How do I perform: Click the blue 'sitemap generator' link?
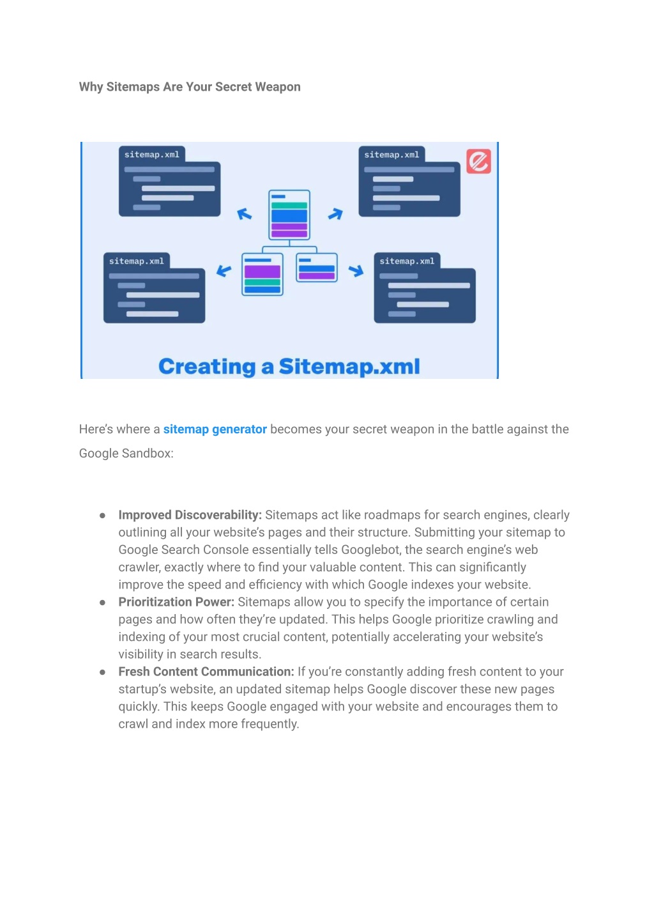click(x=215, y=429)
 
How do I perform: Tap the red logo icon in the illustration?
click(x=478, y=161)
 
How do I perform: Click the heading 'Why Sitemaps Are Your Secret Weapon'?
click(x=190, y=87)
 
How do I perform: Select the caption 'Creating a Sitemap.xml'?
click(x=289, y=367)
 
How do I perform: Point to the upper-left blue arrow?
click(x=244, y=214)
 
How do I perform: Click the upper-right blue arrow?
click(x=335, y=214)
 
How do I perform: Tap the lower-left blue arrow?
click(x=224, y=270)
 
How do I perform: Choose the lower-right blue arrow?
click(x=356, y=270)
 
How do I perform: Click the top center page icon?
click(x=289, y=215)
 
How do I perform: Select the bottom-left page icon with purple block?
click(x=262, y=274)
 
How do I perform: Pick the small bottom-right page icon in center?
click(x=317, y=268)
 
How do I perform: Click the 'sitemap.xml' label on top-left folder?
click(x=152, y=155)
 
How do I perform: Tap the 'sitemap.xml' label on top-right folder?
click(x=392, y=155)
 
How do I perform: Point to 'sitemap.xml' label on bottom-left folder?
click(x=137, y=261)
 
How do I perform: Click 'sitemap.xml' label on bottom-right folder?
click(x=407, y=261)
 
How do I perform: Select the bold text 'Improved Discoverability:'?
click(x=190, y=515)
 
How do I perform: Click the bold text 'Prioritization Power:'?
click(x=176, y=602)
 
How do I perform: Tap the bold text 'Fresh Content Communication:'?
click(x=206, y=672)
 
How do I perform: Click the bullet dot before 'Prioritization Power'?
click(x=102, y=603)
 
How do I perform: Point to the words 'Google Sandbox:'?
click(x=126, y=454)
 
